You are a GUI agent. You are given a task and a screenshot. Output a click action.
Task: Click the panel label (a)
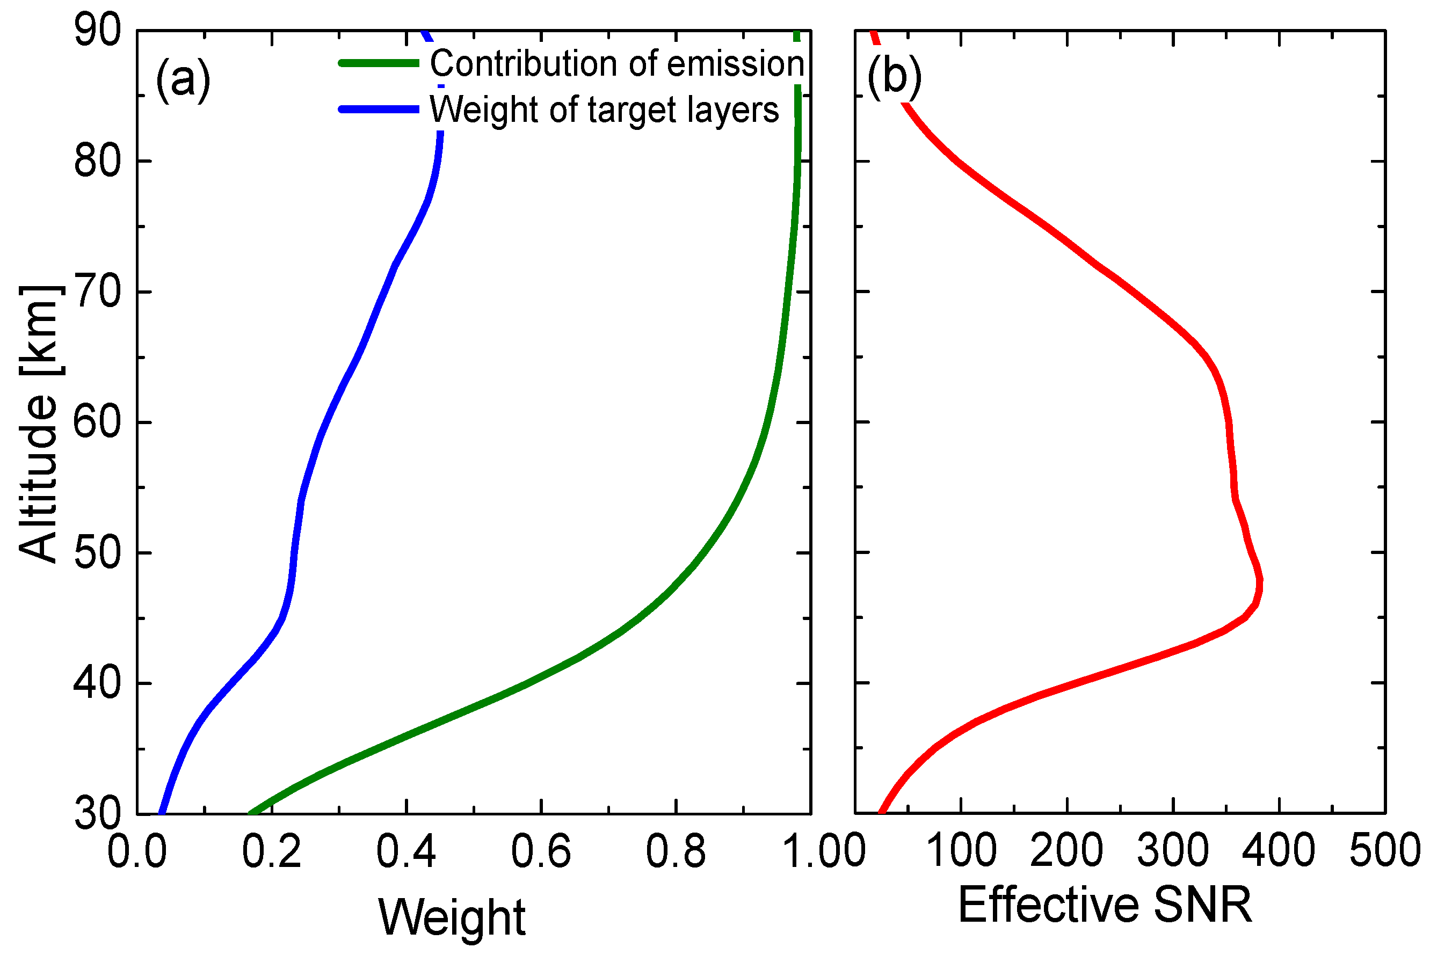(183, 79)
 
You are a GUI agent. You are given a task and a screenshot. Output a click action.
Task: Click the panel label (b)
(894, 77)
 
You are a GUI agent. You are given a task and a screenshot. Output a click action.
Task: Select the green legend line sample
(379, 63)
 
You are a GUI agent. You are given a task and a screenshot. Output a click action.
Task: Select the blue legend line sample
(379, 109)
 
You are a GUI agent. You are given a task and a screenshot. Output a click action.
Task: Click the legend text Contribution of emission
(616, 63)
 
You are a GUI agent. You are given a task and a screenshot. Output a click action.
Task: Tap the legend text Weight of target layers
(604, 110)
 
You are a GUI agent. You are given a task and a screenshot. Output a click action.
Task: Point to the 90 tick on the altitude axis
(98, 31)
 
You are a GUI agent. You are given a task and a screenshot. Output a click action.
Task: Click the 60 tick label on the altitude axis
(98, 422)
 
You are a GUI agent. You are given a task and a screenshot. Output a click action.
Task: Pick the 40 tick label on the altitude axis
(98, 683)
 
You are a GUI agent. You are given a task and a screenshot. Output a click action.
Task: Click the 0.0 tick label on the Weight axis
(137, 851)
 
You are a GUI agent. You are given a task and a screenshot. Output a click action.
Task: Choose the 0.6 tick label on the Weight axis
(540, 851)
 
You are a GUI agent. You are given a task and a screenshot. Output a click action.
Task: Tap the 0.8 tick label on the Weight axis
(675, 851)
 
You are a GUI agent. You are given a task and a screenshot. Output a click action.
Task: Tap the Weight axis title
(452, 917)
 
